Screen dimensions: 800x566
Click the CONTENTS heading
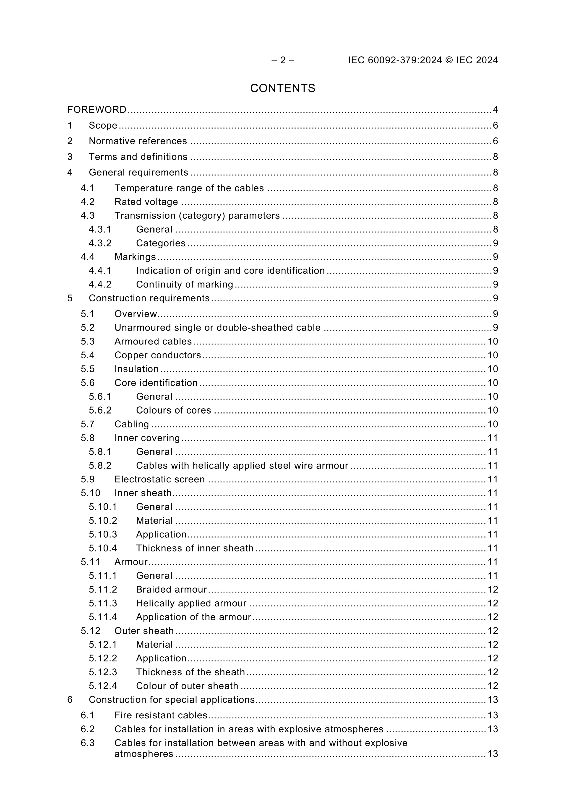click(x=282, y=88)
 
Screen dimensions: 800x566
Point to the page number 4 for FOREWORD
click(x=495, y=110)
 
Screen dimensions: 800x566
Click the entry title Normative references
click(x=138, y=141)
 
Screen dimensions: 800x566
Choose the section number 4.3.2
click(x=100, y=243)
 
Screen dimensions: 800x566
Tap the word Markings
click(x=135, y=257)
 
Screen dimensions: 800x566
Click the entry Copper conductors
click(x=158, y=355)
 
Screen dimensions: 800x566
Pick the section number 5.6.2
click(x=100, y=410)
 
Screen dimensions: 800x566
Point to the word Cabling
click(x=131, y=424)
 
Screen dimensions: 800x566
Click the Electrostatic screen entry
click(x=159, y=479)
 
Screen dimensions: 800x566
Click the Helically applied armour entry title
click(x=191, y=603)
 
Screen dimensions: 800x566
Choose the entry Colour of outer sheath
click(x=187, y=686)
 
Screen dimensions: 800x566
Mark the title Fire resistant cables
click(x=161, y=715)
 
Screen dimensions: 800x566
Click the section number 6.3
click(x=88, y=743)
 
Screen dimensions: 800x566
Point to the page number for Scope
click(x=495, y=125)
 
